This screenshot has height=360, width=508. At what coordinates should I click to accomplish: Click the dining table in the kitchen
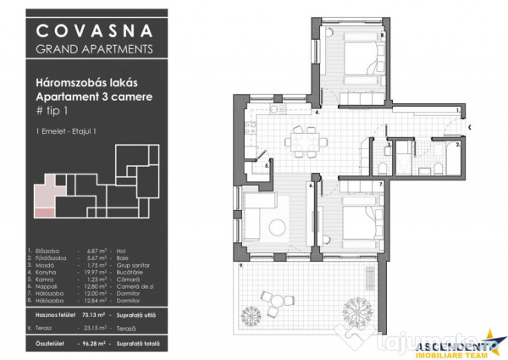pos(301,138)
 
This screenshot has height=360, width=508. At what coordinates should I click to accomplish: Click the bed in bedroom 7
pos(359,222)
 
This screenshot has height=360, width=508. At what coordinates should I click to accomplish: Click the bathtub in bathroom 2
pos(441,157)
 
